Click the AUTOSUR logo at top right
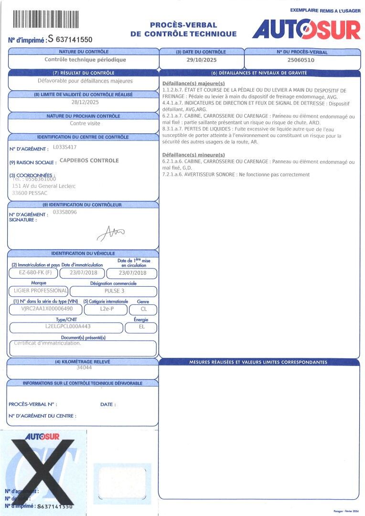pos(306,30)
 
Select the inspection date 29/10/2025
pos(201,60)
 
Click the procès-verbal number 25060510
pos(301,60)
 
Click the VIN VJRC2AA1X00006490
pos(45,310)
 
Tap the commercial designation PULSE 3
pos(114,291)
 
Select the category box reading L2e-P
pos(106,310)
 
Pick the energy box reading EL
pos(141,327)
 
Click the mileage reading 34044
pos(84,368)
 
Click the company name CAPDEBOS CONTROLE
pos(89,161)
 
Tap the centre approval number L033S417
pos(64,148)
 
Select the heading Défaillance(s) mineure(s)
pos(193,155)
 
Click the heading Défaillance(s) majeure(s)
pos(193,84)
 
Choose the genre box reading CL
pos(143,310)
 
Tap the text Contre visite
pos(85,123)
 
